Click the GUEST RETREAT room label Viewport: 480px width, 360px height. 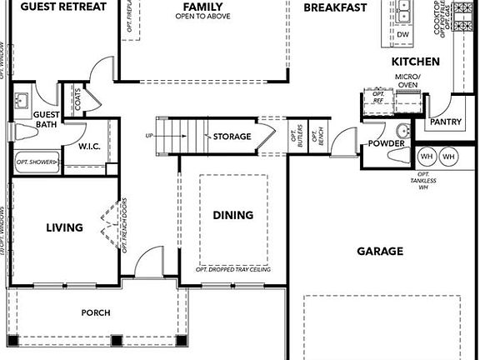64,7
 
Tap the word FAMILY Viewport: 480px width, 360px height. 202,7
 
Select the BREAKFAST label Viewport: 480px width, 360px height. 335,7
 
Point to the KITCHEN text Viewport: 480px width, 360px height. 415,62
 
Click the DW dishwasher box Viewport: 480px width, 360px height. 402,34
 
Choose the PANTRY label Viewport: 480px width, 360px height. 446,122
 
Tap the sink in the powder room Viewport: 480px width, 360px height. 402,131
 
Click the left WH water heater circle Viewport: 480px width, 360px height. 427,157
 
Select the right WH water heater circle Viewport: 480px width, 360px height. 448,157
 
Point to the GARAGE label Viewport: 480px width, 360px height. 380,251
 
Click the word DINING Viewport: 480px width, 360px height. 232,215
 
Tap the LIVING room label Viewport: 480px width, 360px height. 64,227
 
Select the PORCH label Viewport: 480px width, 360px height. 95,313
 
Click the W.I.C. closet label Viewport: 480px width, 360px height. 90,147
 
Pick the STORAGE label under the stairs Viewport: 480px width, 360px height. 232,137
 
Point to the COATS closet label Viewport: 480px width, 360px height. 78,100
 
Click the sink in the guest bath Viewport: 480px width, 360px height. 22,102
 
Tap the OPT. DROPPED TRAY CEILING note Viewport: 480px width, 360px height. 233,270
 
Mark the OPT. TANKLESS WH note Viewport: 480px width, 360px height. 423,182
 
